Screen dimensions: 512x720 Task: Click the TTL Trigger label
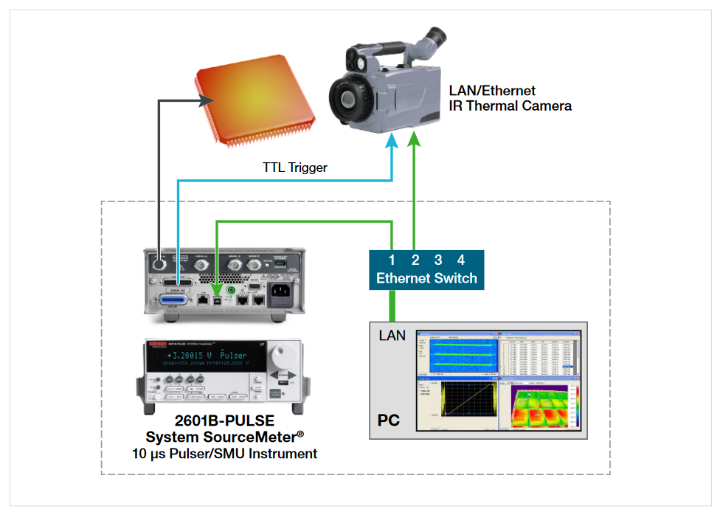(x=295, y=167)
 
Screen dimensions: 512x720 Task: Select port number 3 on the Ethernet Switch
(x=438, y=260)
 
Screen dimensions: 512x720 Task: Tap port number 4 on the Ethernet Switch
(x=461, y=260)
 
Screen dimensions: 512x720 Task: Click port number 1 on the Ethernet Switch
(x=392, y=260)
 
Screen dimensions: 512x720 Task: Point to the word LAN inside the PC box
(x=392, y=336)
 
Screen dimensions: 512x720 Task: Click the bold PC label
(x=389, y=421)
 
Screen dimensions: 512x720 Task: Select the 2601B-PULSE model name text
(x=224, y=421)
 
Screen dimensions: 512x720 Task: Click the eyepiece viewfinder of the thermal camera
(x=435, y=35)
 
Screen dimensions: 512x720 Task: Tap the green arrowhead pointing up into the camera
(x=415, y=137)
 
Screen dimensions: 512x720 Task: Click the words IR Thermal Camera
(x=510, y=105)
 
